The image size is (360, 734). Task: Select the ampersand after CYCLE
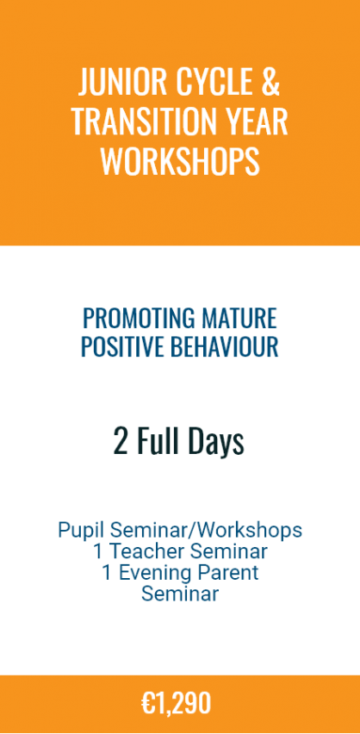point(270,82)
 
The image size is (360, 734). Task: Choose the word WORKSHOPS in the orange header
point(180,161)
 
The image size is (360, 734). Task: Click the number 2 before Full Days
point(121,441)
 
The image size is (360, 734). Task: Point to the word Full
point(158,441)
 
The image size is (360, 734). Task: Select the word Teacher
point(143,551)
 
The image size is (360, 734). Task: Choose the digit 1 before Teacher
point(98,551)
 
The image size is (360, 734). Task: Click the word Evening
point(151,574)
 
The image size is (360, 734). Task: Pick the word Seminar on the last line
point(180,594)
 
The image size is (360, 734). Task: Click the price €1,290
point(177,704)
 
